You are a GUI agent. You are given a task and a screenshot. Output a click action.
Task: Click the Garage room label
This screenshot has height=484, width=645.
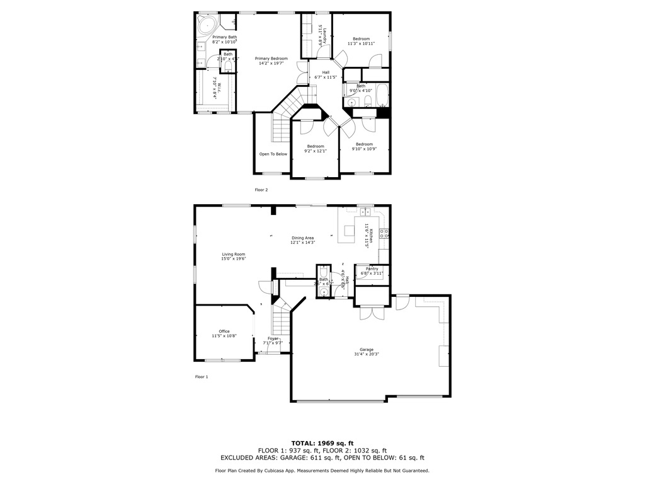(x=367, y=350)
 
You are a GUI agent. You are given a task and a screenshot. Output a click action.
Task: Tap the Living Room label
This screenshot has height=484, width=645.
(x=233, y=255)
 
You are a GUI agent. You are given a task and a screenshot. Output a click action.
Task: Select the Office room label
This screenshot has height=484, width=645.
(x=224, y=331)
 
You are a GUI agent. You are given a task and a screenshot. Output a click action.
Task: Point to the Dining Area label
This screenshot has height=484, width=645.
(x=302, y=238)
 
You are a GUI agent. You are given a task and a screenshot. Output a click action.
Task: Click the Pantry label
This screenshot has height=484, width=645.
(x=372, y=269)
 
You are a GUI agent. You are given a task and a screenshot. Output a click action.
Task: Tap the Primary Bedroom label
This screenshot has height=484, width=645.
(x=271, y=59)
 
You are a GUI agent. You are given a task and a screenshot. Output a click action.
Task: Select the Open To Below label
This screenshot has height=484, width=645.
(x=273, y=154)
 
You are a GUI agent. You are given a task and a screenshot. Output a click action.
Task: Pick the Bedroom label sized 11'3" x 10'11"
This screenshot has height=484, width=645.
(x=361, y=39)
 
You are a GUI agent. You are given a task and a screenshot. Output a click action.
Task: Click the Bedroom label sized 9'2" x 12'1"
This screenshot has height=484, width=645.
(x=316, y=146)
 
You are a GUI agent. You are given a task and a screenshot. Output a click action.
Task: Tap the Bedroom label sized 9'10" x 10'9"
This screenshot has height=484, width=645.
(x=364, y=144)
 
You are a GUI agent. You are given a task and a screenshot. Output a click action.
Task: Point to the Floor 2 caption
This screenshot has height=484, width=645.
(x=261, y=190)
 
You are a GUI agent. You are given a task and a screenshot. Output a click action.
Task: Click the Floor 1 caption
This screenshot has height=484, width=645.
(x=202, y=377)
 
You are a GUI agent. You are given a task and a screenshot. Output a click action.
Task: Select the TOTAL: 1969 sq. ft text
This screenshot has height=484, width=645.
(x=322, y=443)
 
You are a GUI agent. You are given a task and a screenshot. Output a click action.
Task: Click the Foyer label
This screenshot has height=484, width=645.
(x=273, y=338)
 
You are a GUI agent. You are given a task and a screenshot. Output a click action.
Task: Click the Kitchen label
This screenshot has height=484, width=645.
(x=371, y=235)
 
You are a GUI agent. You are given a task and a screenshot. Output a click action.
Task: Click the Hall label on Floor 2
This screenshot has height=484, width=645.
(x=326, y=72)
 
